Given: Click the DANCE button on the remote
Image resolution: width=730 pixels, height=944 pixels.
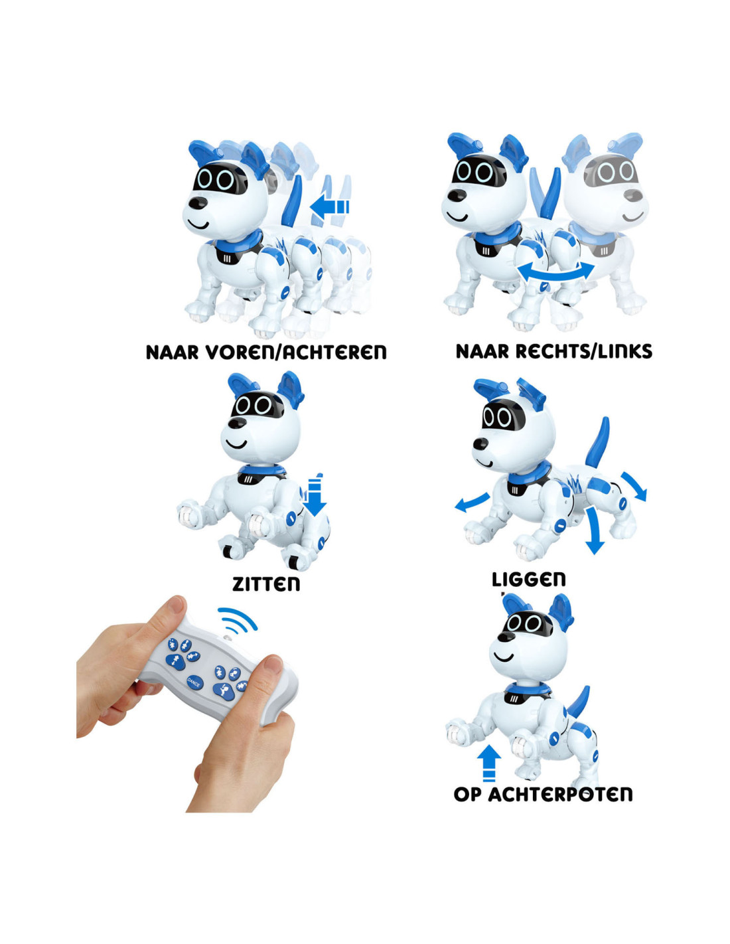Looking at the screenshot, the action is click(194, 682).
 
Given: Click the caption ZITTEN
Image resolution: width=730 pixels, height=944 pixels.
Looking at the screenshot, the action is click(266, 584).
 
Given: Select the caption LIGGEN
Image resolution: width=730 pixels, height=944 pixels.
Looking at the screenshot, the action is click(528, 579).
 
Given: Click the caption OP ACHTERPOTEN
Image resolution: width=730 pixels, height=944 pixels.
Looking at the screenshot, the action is click(543, 795).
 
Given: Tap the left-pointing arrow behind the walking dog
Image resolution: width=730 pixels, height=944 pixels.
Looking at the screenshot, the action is click(330, 206).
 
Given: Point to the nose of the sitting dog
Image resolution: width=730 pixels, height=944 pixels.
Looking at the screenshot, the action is click(237, 423).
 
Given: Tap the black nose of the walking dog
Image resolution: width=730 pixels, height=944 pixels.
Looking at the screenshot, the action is click(200, 203).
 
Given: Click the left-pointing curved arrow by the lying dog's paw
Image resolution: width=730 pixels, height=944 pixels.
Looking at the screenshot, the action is click(472, 502).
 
